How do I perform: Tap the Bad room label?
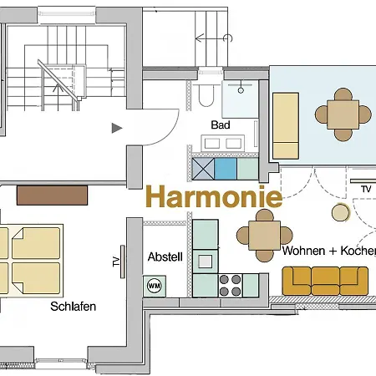pos(221,124)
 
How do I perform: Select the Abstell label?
pos(165,257)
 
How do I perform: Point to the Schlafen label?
pos(73,307)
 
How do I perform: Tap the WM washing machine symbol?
pos(154,286)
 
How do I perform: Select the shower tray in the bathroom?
pos(243,99)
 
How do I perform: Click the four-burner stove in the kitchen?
pos(230,284)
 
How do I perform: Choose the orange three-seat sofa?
pos(325,280)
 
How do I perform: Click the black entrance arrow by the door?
pos(117,128)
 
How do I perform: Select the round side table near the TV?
pos(341,212)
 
